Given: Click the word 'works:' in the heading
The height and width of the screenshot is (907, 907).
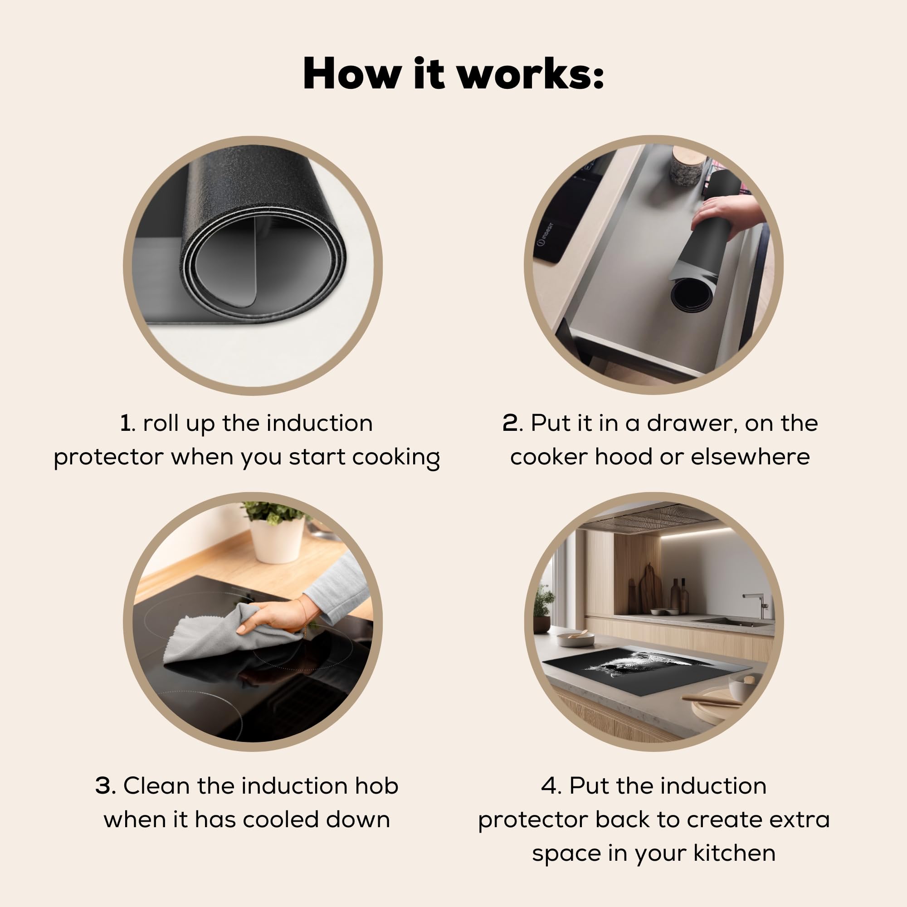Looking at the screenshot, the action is pyautogui.click(x=530, y=74).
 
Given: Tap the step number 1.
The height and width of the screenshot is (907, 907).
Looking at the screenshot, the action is pyautogui.click(x=125, y=424).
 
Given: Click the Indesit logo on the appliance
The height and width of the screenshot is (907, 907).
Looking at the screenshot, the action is pyautogui.click(x=546, y=234).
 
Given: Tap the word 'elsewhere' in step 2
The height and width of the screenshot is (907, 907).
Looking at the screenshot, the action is pyautogui.click(x=750, y=457).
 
